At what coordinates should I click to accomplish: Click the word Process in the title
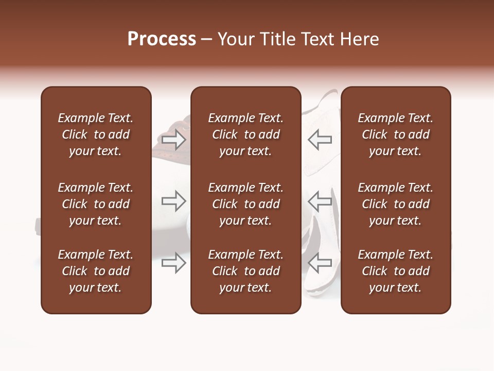click(162, 39)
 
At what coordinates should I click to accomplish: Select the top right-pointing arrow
click(174, 139)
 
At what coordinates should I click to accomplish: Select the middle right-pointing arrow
click(174, 201)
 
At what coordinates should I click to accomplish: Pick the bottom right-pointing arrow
click(174, 263)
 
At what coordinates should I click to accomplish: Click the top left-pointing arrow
click(320, 139)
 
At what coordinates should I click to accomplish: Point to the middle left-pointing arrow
click(320, 201)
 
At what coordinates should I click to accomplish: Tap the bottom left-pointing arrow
click(320, 263)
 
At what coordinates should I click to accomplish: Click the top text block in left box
click(96, 134)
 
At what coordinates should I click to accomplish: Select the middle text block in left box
click(96, 204)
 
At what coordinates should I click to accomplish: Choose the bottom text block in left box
click(96, 271)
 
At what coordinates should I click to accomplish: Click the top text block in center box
click(245, 134)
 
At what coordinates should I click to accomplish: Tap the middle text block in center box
click(245, 204)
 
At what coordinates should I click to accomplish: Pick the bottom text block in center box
click(245, 271)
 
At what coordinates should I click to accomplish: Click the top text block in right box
click(395, 134)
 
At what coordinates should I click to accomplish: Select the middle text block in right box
click(395, 204)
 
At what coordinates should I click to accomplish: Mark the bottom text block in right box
click(395, 271)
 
